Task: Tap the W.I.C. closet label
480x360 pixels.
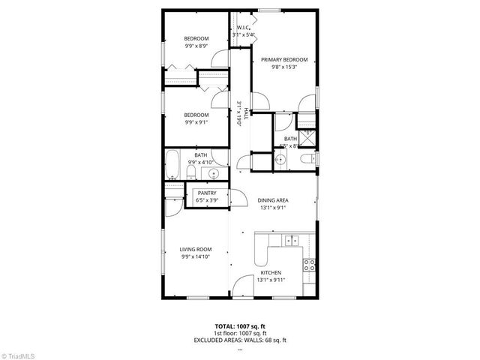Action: (x=243, y=28)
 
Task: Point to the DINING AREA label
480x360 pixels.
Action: (x=273, y=200)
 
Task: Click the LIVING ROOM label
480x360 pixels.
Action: (x=195, y=250)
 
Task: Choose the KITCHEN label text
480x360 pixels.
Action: (x=270, y=272)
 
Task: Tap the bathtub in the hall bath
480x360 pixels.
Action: (x=172, y=165)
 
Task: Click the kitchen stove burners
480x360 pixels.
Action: (x=307, y=264)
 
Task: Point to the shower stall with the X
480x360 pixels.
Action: (x=307, y=137)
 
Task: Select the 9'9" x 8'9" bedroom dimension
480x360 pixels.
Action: (x=196, y=46)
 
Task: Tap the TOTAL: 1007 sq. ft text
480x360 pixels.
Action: (x=239, y=327)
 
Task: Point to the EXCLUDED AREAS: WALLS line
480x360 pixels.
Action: (x=240, y=340)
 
